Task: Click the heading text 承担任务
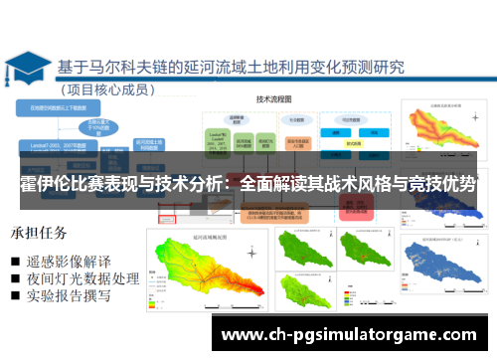tap(40, 234)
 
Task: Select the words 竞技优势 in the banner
tap(440, 185)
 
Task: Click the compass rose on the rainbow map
tap(164, 250)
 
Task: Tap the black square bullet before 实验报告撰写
tap(17, 296)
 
